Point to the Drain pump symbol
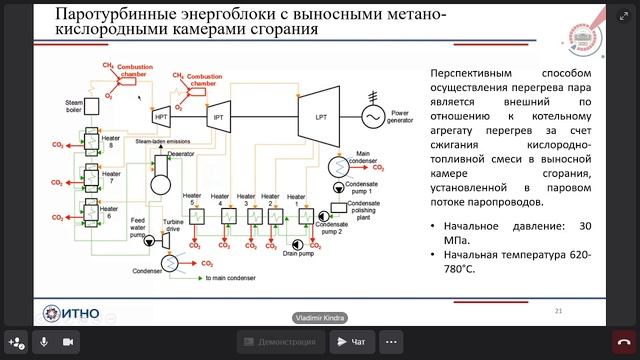(297, 243)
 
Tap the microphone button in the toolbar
(43, 342)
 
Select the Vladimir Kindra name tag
(320, 318)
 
